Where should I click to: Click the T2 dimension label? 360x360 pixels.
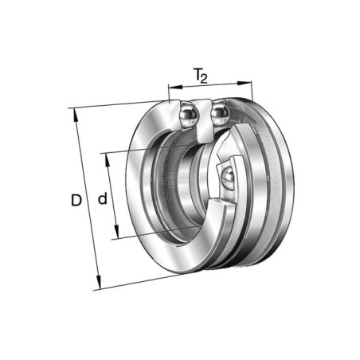[200, 76]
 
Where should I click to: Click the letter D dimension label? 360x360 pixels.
[76, 201]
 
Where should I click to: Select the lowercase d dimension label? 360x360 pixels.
[103, 198]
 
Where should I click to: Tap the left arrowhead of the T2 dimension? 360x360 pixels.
[175, 87]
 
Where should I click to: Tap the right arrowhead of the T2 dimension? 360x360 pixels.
[245, 83]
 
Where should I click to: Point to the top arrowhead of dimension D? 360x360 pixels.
[76, 115]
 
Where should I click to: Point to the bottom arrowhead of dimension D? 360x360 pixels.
[99, 283]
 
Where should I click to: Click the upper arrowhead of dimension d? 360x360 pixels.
[108, 160]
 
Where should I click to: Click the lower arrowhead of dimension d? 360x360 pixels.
[116, 232]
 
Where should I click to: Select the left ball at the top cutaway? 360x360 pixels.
[189, 115]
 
